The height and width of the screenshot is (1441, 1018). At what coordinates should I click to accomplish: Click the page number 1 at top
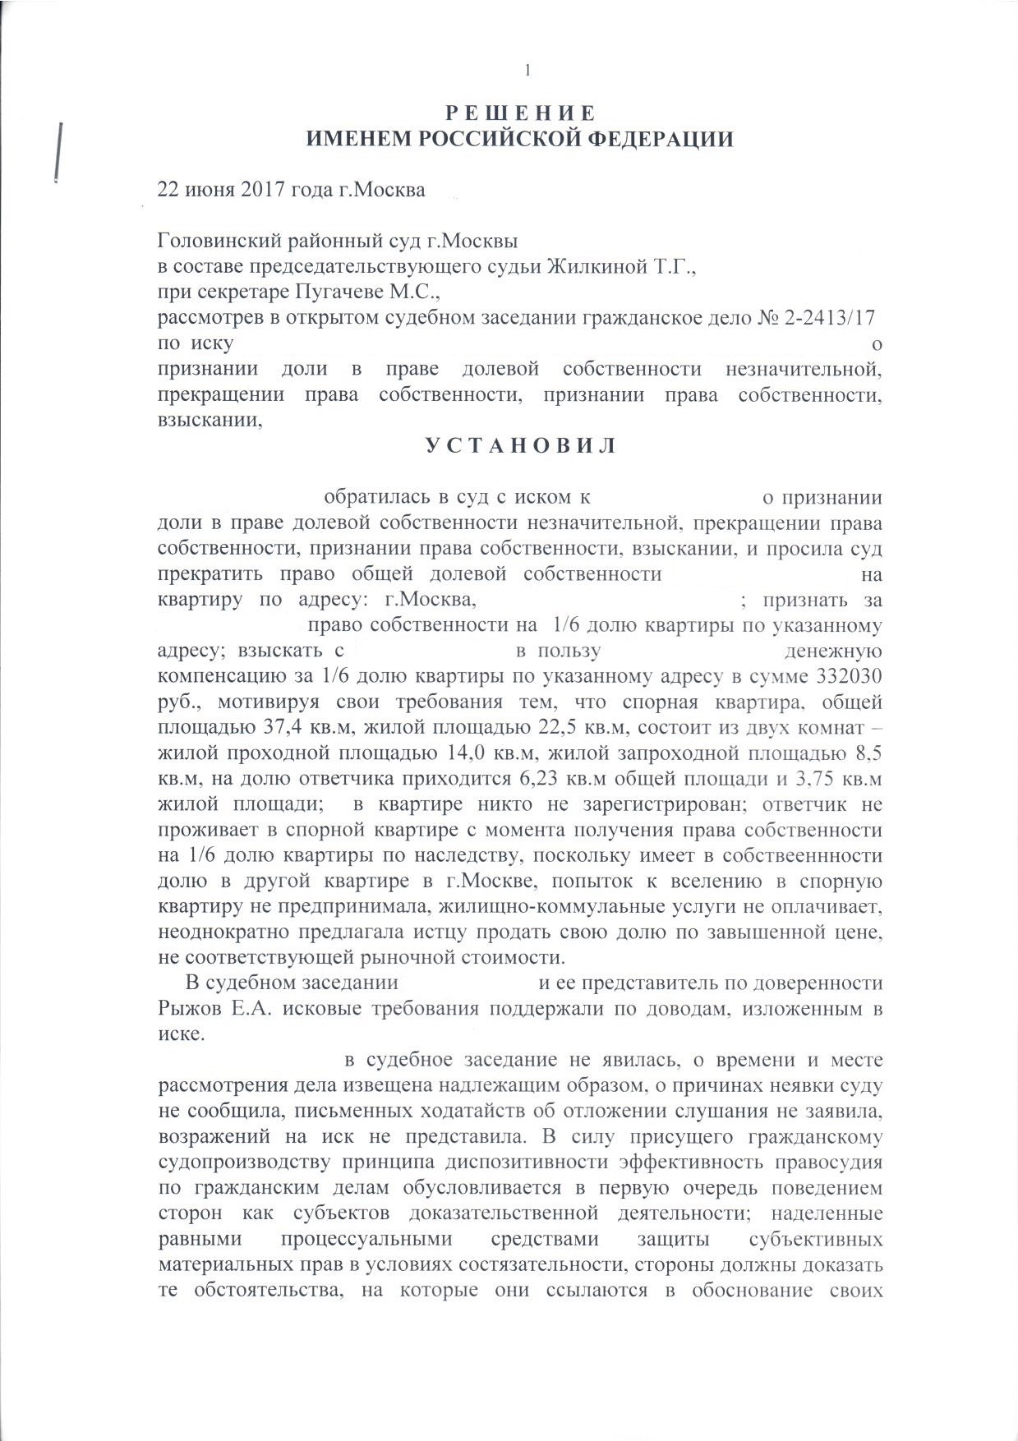click(x=527, y=71)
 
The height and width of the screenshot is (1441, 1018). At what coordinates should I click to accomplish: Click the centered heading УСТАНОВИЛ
click(x=520, y=446)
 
